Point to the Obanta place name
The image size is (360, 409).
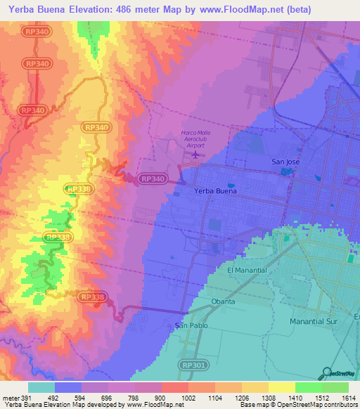[x=223, y=301]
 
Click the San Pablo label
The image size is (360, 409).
[x=189, y=325]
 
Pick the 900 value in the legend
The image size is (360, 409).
[x=161, y=397]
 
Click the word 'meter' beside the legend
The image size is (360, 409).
[x=9, y=397]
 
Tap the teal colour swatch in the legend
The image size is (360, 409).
[x=41, y=387]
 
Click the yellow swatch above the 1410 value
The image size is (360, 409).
[x=281, y=387]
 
